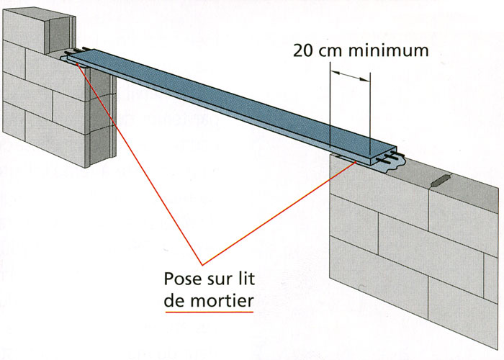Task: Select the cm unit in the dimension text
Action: (x=336, y=52)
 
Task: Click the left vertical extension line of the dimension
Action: (x=330, y=108)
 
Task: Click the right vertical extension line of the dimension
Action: (x=369, y=108)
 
